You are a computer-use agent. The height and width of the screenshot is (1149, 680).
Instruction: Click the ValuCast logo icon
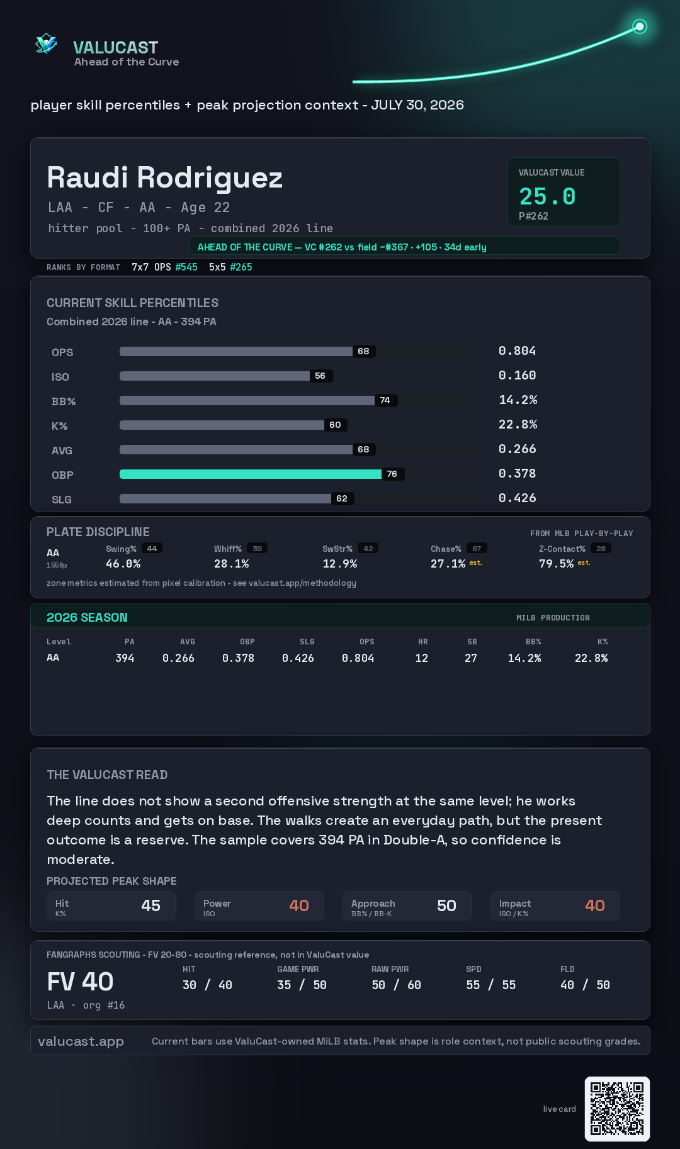click(46, 43)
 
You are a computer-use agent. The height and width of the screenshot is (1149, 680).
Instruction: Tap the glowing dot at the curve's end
click(640, 26)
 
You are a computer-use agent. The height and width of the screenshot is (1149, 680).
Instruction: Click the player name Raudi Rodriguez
click(165, 177)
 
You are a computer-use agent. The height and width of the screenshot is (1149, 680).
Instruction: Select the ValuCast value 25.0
click(547, 196)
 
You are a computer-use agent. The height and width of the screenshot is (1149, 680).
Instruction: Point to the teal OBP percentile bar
click(251, 474)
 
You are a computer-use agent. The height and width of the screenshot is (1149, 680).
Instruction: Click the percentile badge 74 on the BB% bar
click(385, 400)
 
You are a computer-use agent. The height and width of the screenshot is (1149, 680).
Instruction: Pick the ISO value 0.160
click(517, 375)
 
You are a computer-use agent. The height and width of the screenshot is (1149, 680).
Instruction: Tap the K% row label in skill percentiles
click(59, 426)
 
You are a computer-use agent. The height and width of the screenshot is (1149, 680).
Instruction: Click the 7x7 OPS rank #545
click(186, 267)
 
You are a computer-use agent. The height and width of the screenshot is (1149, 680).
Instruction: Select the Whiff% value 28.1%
click(231, 564)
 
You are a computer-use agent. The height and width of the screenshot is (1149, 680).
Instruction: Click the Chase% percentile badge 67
click(477, 549)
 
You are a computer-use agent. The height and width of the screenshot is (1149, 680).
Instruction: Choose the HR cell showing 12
click(422, 658)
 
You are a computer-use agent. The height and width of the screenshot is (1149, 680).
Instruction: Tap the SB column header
click(472, 642)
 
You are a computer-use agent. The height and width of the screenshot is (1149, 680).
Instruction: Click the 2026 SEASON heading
click(87, 617)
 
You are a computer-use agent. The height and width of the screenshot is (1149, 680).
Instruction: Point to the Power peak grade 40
click(299, 905)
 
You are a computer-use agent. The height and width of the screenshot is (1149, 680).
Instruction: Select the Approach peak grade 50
click(446, 905)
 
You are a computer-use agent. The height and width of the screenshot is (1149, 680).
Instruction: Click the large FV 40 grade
click(80, 982)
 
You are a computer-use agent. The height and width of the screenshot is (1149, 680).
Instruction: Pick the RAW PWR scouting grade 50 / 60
click(396, 985)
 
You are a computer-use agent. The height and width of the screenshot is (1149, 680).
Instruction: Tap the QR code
click(617, 1109)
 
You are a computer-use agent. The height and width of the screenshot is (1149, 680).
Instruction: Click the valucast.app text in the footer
click(81, 1041)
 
